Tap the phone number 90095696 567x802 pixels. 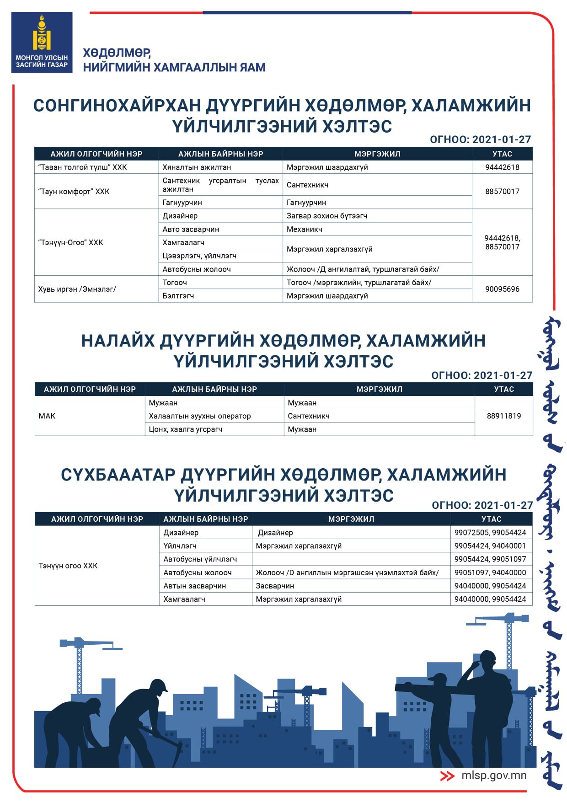pyautogui.click(x=502, y=289)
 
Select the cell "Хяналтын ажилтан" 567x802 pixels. pyautogui.click(x=197, y=167)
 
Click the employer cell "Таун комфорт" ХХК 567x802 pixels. pyautogui.click(x=74, y=192)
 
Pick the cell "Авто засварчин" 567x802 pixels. pyautogui.click(x=191, y=229)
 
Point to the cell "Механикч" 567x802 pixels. pyautogui.click(x=305, y=229)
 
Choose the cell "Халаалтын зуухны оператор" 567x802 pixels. pyautogui.click(x=200, y=416)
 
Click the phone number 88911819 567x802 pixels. pyautogui.click(x=504, y=416)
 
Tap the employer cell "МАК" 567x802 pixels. pyautogui.click(x=47, y=416)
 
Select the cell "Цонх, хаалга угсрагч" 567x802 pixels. pyautogui.click(x=186, y=429)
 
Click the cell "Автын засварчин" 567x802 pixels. pyautogui.click(x=195, y=586)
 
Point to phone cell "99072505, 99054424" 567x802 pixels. pyautogui.click(x=490, y=533)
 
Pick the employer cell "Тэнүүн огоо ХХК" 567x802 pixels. pyautogui.click(x=68, y=566)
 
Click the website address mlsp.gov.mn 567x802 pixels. pyautogui.click(x=494, y=775)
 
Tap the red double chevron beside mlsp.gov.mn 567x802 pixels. pyautogui.click(x=447, y=776)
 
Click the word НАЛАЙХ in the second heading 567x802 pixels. pyautogui.click(x=118, y=341)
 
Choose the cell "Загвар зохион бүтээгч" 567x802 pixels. pyautogui.click(x=327, y=216)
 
